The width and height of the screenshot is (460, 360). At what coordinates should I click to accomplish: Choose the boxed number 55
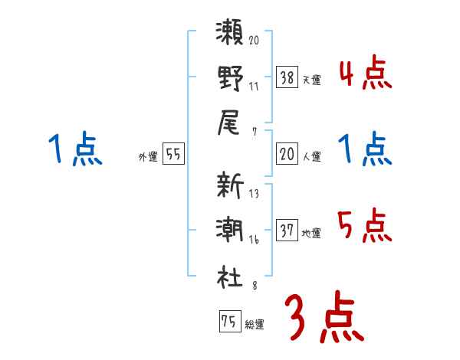(173, 154)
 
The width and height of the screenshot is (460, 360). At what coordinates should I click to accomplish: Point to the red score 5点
(364, 225)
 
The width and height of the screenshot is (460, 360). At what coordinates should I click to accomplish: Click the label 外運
(147, 157)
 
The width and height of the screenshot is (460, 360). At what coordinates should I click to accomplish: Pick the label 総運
(255, 325)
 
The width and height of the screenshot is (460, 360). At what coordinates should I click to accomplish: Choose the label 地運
(312, 233)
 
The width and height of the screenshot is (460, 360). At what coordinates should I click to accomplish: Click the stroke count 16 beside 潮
(254, 240)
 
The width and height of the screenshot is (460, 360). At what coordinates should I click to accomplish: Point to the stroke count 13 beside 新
(254, 195)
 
